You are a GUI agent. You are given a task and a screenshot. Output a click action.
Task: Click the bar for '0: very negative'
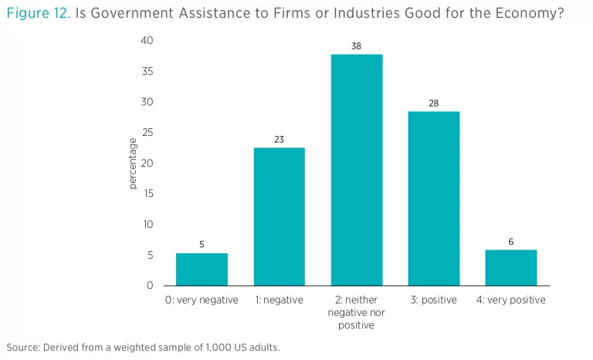coord(202,269)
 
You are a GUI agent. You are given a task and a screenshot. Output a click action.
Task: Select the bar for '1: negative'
coord(279,216)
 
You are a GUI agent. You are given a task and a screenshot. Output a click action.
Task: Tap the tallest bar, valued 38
coord(356,170)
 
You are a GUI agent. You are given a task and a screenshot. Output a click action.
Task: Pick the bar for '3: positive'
coord(433,199)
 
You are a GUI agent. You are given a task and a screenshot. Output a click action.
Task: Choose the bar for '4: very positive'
coord(510,267)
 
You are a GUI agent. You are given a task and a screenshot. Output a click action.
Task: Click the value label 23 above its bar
coord(279,140)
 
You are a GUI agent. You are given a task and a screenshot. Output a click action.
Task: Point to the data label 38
coord(356,46)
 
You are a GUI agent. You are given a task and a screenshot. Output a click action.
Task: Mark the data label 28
coord(433,104)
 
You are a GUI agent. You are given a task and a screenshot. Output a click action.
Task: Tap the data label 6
coord(510,242)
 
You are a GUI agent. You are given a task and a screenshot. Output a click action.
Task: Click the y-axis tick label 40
coord(147,40)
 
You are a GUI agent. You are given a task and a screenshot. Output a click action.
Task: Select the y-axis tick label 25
coord(147,132)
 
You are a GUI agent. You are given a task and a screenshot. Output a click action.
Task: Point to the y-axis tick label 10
coord(147,224)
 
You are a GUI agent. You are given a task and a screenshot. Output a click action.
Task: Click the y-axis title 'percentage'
coord(133,163)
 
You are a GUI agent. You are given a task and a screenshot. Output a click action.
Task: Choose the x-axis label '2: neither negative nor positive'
coord(356,312)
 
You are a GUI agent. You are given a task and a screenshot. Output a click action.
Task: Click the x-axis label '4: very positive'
coord(510,300)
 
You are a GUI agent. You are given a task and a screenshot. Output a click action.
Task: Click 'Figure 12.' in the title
coord(38,13)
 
